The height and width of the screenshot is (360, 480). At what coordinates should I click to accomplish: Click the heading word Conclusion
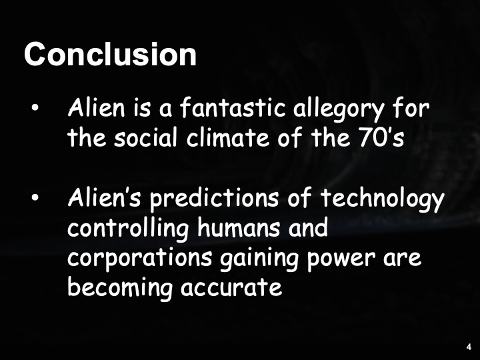[x=110, y=54]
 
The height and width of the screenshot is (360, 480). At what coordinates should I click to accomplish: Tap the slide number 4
[x=469, y=347]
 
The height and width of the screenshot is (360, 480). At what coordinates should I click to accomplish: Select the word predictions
[x=219, y=199]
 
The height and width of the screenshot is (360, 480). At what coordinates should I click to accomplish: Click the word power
[x=351, y=259]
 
